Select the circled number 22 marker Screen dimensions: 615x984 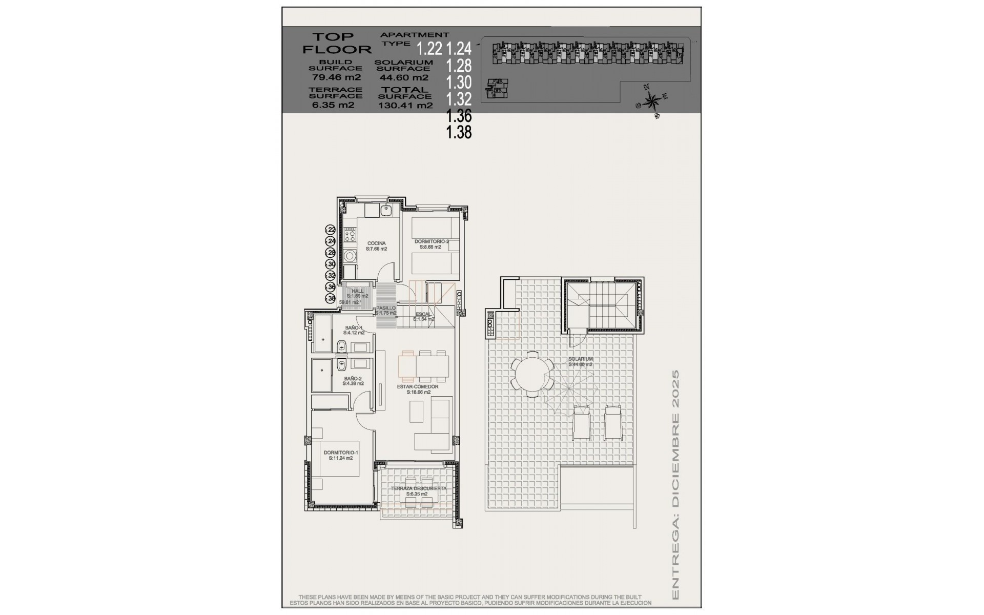click(331, 230)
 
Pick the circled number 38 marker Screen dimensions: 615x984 click(331, 298)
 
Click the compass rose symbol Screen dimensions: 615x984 click(651, 100)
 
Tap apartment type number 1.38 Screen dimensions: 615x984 click(459, 132)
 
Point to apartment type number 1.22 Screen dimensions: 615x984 click(429, 49)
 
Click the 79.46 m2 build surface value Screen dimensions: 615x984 click(336, 78)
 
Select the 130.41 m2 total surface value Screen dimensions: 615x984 click(405, 106)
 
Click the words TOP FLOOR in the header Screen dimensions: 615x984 click(336, 43)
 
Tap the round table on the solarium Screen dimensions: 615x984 click(532, 374)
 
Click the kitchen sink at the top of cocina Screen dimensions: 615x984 click(386, 211)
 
